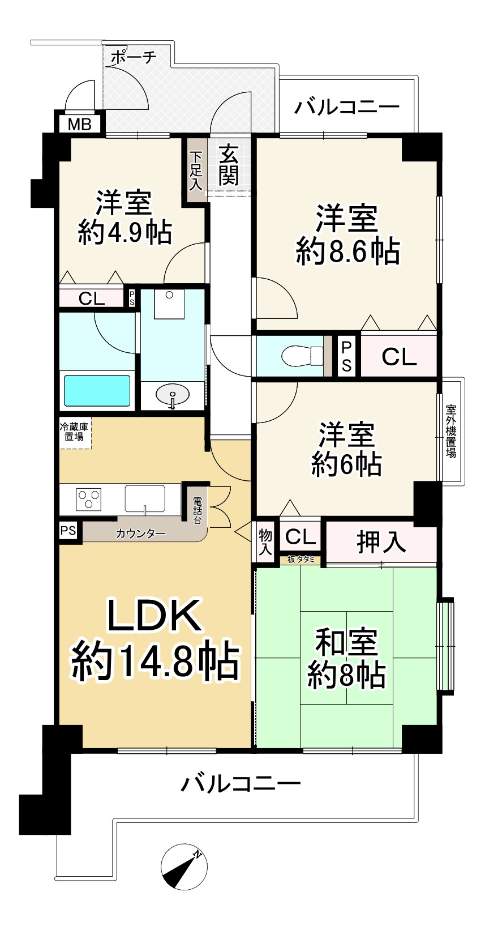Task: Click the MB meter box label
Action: click(79, 124)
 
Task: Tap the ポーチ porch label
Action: click(132, 57)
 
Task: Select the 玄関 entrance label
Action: click(229, 165)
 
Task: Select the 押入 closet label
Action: click(381, 542)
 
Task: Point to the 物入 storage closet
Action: click(265, 542)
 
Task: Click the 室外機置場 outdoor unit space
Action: click(451, 430)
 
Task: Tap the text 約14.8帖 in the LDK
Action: click(154, 660)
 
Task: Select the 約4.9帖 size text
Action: click(125, 232)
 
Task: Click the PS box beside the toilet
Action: click(346, 356)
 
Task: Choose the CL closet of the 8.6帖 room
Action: click(399, 356)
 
